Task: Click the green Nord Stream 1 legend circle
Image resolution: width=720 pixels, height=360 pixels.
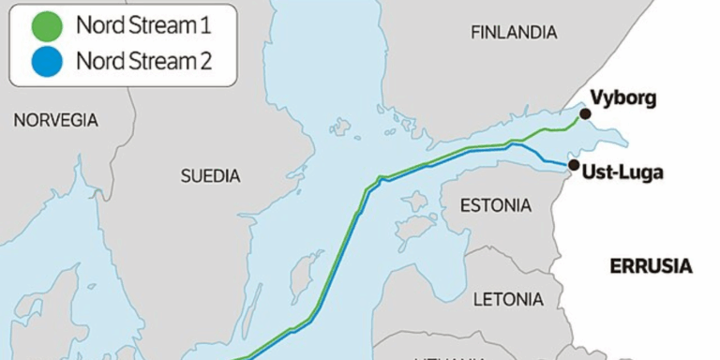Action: pos(43,26)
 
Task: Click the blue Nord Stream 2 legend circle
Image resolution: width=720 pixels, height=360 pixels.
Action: pos(43,62)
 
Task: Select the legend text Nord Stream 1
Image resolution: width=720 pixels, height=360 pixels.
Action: pos(142,26)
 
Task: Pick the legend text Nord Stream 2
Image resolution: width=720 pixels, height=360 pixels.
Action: pos(143,62)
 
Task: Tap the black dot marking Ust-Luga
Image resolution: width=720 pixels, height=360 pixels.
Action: pos(573,165)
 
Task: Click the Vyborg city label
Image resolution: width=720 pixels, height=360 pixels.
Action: pos(623,98)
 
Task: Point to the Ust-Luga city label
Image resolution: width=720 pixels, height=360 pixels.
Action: pos(622,173)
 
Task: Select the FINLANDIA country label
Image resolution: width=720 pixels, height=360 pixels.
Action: pos(513,33)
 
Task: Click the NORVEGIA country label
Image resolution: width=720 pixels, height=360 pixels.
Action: pos(55,120)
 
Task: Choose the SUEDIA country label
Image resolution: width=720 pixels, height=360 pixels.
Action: pos(210,175)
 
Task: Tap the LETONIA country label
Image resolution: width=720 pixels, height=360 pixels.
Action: pos(508,300)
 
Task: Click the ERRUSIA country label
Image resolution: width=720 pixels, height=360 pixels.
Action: pos(651,266)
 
